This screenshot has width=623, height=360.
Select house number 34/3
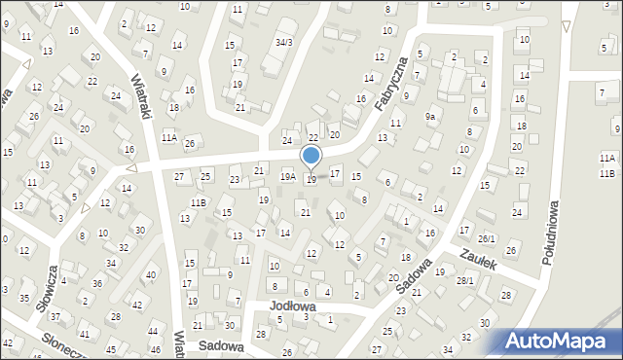click(283, 42)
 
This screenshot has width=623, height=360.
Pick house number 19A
click(288, 176)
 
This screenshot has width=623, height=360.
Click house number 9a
click(429, 116)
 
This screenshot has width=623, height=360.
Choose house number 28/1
click(466, 281)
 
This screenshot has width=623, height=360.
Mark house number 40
click(150, 274)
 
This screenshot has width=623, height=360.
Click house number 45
click(111, 348)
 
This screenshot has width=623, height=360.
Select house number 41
click(84, 334)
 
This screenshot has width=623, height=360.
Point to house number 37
click(55, 317)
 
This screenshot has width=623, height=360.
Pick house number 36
click(96, 283)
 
